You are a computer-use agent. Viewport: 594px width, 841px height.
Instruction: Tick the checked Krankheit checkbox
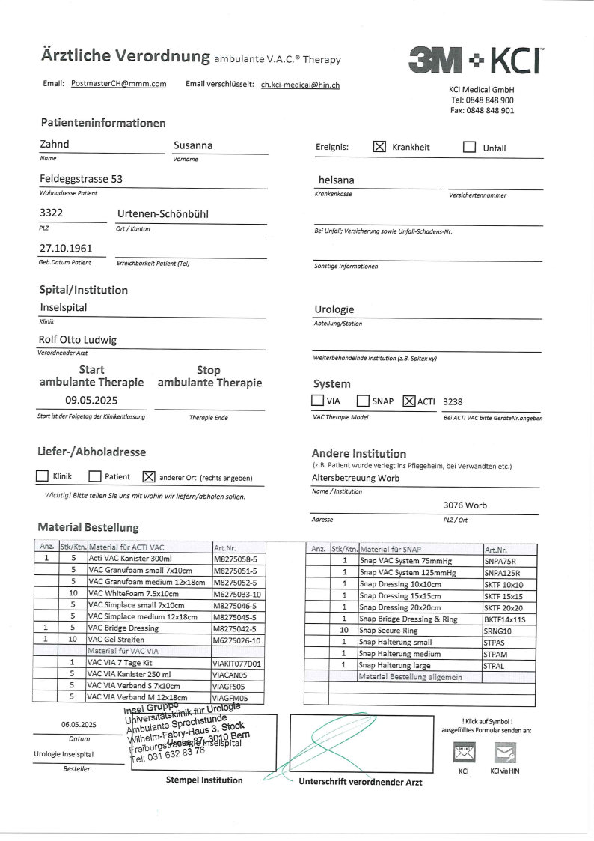(379, 147)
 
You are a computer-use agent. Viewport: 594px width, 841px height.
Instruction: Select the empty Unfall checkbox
(469, 147)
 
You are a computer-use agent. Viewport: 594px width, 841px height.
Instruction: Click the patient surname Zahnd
(54, 145)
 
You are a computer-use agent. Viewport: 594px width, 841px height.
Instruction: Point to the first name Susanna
(193, 145)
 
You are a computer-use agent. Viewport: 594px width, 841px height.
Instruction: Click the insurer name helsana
(337, 180)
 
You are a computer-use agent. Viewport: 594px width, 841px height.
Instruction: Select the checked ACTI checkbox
(408, 401)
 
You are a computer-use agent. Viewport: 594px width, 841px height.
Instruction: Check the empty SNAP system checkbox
(363, 401)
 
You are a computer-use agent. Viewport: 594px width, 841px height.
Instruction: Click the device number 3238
(453, 401)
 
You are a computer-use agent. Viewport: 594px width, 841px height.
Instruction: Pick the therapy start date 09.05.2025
(91, 400)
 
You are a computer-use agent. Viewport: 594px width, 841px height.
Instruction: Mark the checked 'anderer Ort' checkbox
(148, 476)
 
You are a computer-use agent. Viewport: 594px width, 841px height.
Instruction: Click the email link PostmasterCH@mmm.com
(118, 85)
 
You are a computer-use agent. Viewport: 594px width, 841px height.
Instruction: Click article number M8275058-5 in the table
(236, 558)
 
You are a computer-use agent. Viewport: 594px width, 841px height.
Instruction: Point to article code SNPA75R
(500, 561)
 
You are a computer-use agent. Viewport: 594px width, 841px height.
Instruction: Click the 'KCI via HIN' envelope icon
(505, 751)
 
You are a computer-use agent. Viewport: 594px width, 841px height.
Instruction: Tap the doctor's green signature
(337, 741)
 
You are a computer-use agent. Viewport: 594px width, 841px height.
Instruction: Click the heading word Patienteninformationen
(103, 123)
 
